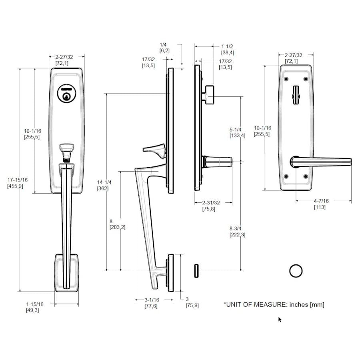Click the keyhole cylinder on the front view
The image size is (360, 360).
67,94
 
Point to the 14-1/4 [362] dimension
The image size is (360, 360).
104,185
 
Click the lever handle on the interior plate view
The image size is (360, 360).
320,162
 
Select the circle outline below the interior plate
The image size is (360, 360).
296,271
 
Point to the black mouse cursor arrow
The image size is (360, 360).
280,319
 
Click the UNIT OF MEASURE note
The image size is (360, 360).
274,305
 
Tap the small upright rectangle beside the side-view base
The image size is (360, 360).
196,270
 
